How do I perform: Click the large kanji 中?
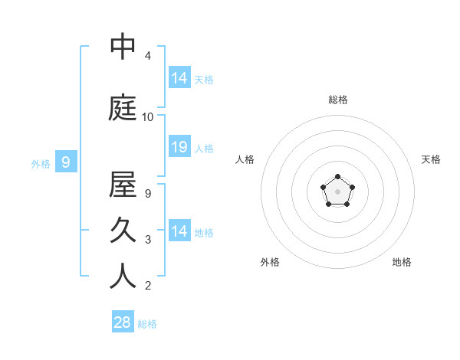123,47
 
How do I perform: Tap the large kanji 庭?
123,108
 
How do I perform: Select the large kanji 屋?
123,185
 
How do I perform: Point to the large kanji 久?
123,231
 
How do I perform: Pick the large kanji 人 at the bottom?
123,277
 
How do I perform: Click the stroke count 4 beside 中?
147,56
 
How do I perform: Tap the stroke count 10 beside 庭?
148,117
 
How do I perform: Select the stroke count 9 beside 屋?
147,194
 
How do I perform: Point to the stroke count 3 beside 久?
147,240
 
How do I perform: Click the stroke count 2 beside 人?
147,286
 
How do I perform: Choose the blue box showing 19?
179,147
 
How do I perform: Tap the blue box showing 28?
122,322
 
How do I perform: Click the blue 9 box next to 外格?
66,162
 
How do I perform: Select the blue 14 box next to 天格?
179,77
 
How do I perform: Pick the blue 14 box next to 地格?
179,231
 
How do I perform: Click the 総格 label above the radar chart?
338,100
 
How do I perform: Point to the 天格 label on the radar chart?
431,159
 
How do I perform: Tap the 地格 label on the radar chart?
402,262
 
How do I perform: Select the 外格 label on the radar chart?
270,262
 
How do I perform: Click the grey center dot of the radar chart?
338,191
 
